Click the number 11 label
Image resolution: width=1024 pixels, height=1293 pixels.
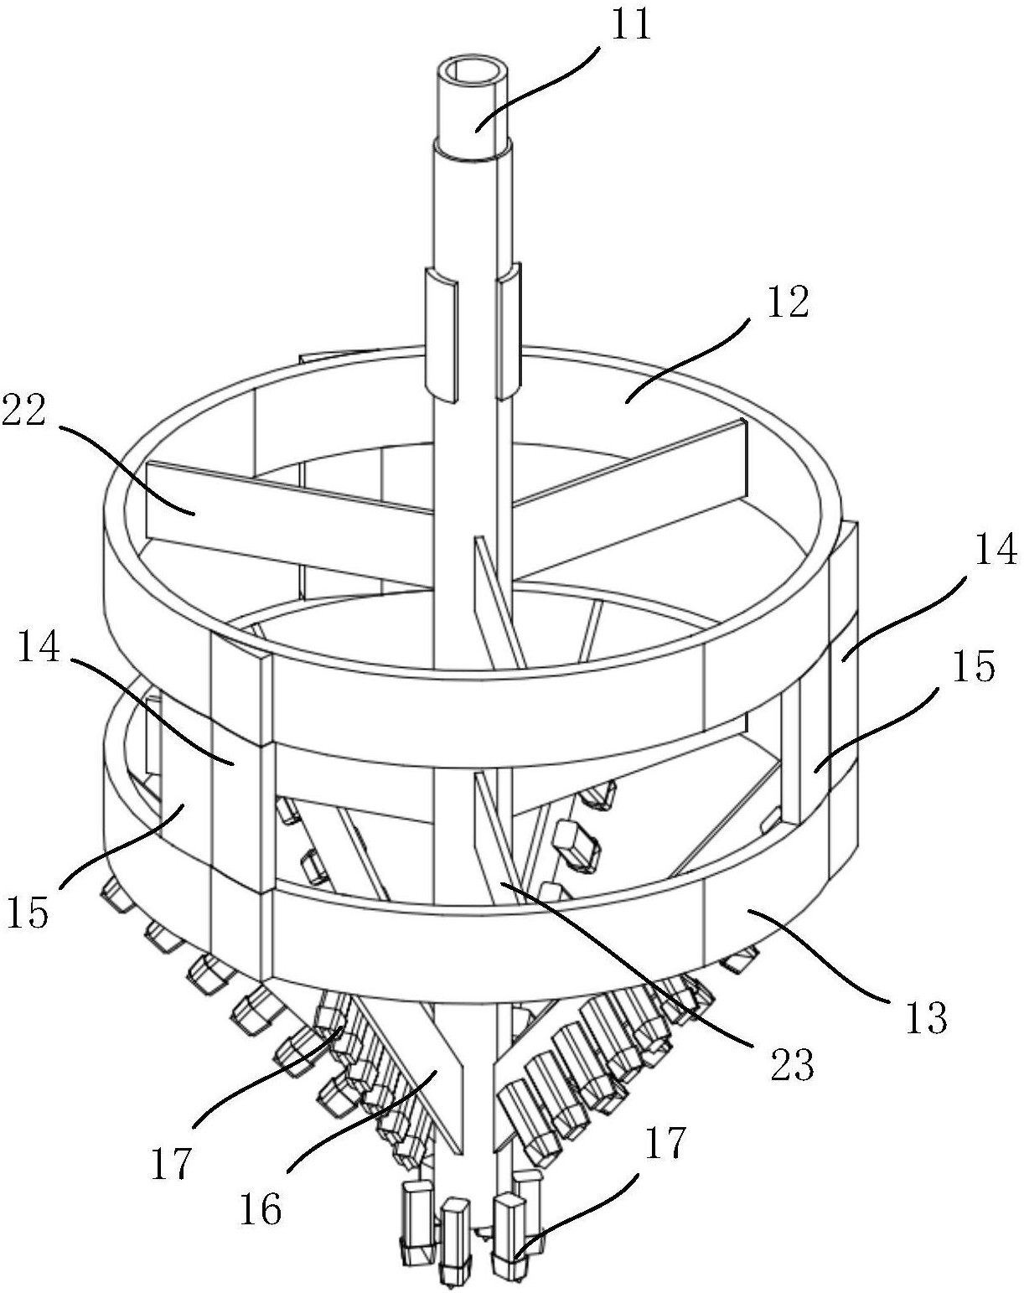coord(630,25)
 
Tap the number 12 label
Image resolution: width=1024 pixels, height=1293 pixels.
coord(789,303)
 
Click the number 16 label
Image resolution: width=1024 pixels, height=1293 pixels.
coord(261,1207)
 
